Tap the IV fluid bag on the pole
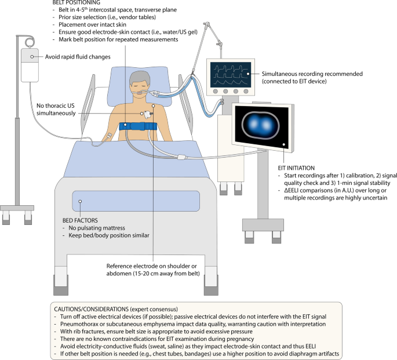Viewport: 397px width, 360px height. (28, 64)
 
